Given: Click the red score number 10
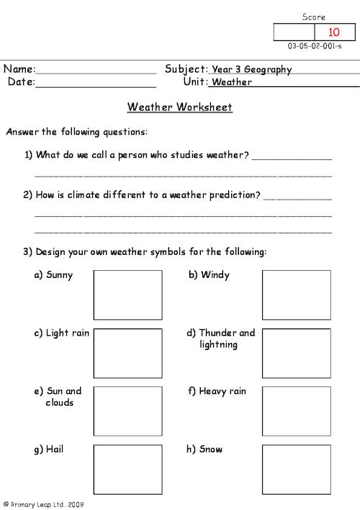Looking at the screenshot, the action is pos(334,32).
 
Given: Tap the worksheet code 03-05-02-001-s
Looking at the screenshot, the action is pos(317,45).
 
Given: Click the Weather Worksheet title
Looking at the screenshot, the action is pos(179,107).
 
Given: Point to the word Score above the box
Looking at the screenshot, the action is pos(314,17).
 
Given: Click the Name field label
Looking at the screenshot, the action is pos(19,69).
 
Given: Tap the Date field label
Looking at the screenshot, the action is pos(21,82).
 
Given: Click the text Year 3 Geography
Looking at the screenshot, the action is pos(251,70).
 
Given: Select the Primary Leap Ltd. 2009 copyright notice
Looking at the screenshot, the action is pos(43,505).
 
